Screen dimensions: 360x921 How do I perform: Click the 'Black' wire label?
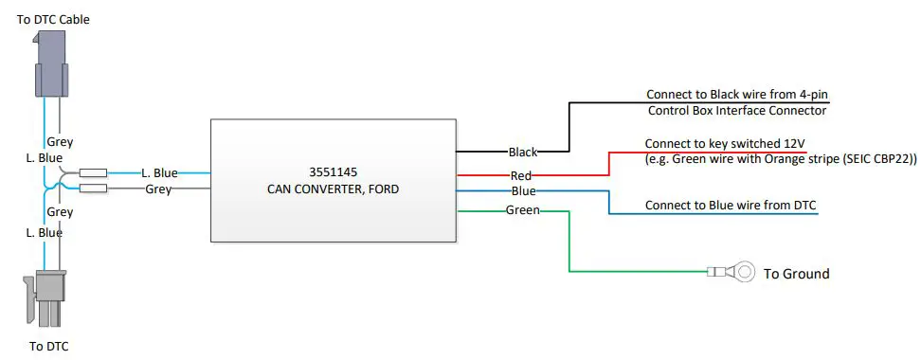[523, 152]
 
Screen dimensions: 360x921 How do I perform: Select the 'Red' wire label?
[521, 175]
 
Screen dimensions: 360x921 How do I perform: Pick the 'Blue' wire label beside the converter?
[522, 191]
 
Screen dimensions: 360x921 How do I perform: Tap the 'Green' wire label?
[522, 209]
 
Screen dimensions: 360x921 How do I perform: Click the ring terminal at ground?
[745, 273]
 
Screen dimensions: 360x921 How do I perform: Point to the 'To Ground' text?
[796, 274]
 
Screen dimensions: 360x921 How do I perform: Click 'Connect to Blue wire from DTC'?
[731, 206]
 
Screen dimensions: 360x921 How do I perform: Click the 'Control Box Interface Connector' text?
[736, 111]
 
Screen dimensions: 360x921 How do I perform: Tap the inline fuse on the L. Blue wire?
[93, 173]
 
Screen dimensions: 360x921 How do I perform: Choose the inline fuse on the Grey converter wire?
[93, 189]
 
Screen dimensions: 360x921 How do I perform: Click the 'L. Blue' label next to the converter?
[159, 173]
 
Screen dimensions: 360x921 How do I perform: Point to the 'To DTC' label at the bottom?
[48, 347]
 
